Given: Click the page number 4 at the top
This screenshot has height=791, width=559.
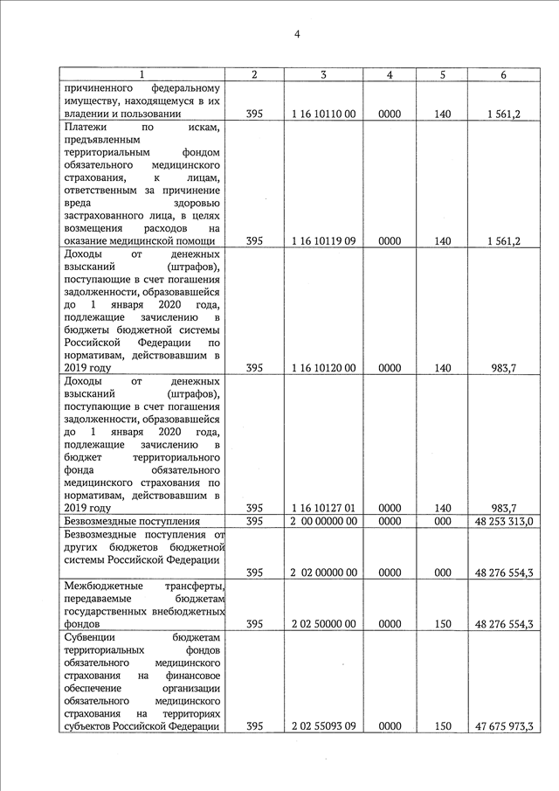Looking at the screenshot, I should tap(297, 34).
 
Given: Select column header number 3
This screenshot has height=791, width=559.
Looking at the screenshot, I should tap(323, 75).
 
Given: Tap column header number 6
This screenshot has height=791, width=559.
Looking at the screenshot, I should tap(504, 75).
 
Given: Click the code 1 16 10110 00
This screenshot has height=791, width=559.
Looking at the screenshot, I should tap(323, 114).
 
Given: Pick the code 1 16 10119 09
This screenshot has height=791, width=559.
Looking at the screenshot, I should tap(323, 241).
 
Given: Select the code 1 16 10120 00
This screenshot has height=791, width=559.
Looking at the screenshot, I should tap(323, 368).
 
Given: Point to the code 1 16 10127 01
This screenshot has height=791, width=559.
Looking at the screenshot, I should tap(323, 508).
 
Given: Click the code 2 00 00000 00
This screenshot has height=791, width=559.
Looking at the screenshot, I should tap(323, 522).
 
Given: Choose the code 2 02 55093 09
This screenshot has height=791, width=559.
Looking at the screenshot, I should tap(323, 725).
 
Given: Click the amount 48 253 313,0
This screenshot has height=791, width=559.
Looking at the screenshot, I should tap(504, 522).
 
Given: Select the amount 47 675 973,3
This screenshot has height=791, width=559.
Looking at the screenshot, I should tap(504, 725).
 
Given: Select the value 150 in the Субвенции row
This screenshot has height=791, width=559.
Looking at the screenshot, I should tap(442, 725).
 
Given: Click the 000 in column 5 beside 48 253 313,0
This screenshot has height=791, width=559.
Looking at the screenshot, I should tap(442, 522).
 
